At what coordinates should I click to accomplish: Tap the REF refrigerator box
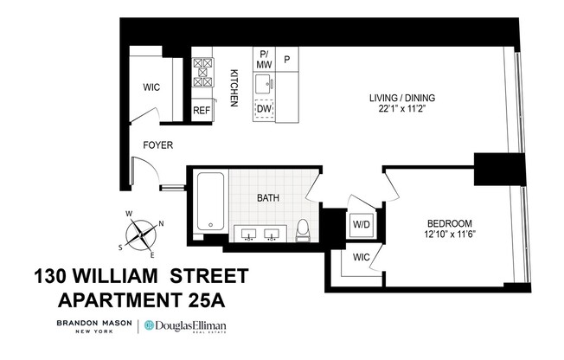tap(201, 111)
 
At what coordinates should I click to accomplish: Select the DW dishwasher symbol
tap(265, 108)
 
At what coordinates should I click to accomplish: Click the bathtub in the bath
tap(210, 203)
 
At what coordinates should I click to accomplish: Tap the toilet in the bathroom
tap(303, 229)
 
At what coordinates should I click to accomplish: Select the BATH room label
tap(268, 198)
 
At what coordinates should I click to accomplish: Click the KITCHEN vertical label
tap(234, 88)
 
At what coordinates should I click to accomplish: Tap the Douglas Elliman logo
tap(191, 325)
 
